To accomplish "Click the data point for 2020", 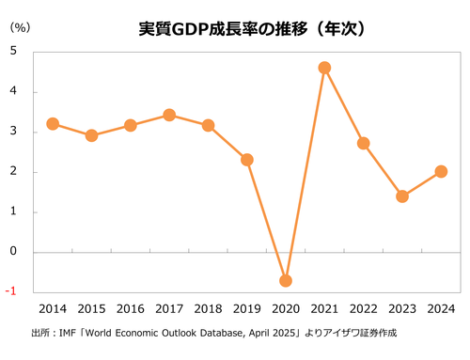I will [x=286, y=280].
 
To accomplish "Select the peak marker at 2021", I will [x=324, y=68].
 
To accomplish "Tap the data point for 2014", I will [x=53, y=123].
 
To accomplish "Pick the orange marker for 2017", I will [x=169, y=115].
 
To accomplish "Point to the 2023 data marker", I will [x=402, y=196].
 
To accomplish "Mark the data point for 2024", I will [x=441, y=171].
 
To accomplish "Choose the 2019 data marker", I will [x=247, y=160].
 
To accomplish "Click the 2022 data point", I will [x=364, y=143].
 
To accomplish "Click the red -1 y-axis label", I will [x=10, y=291].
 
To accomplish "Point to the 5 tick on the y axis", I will [x=12, y=52].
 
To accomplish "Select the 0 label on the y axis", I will [x=12, y=252].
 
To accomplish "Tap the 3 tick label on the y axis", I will [x=12, y=132].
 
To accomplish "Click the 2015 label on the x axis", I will [x=91, y=308].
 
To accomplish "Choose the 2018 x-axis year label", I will [x=208, y=308].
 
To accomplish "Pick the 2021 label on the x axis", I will [x=324, y=308].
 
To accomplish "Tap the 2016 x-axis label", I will [x=130, y=308].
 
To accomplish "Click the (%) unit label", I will [x=20, y=28].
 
